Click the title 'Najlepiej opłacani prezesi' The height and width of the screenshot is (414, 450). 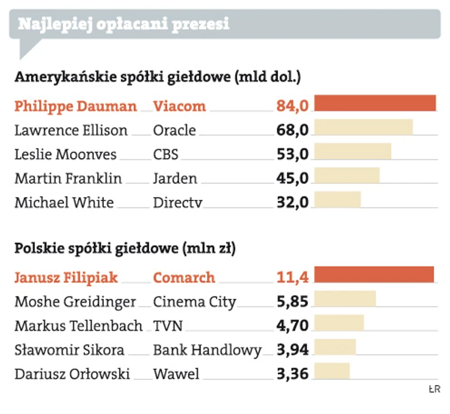pos(124,25)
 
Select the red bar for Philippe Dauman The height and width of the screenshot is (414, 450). pos(375,104)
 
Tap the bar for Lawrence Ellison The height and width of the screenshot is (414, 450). pos(364,128)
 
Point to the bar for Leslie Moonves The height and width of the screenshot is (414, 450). pos(353,152)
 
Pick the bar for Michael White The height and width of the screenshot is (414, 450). pos(338,200)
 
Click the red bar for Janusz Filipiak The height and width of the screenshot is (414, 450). pos(374,275)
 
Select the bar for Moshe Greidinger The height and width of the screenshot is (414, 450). pos(345,299)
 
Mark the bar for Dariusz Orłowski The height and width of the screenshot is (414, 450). pos(332,371)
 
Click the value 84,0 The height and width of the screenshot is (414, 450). pos(292,106)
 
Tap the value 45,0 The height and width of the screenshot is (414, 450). pos(292,178)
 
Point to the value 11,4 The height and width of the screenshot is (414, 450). pos(292,276)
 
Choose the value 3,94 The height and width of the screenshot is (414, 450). pos(292,350)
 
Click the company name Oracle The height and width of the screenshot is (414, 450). pos(174,130)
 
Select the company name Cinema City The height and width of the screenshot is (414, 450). pos(195,302)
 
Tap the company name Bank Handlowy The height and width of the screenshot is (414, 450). pos(207,350)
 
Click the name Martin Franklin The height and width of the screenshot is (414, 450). pos(68,178)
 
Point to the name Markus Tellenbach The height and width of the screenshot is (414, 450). pos(78,325)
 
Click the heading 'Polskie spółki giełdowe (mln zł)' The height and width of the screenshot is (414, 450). pos(125,248)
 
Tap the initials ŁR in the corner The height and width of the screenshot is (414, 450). pos(434,388)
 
